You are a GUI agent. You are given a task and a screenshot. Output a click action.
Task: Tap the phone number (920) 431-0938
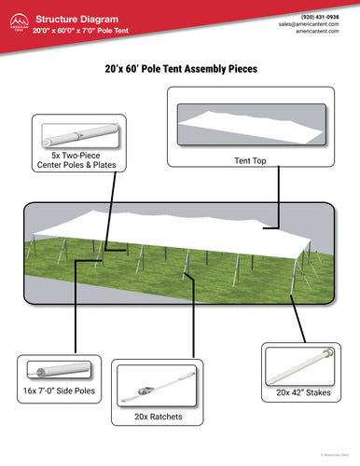tap(320, 18)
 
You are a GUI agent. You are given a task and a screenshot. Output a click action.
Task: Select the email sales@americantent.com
tap(312, 26)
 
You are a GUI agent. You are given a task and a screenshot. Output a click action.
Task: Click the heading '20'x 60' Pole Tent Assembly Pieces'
tap(181, 69)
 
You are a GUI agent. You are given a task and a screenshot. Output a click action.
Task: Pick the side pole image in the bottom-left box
tap(57, 370)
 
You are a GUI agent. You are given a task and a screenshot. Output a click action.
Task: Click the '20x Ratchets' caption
tap(158, 417)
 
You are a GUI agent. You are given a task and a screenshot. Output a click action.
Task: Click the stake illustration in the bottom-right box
tap(301, 362)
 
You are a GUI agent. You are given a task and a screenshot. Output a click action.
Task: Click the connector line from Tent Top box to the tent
tap(279, 200)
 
